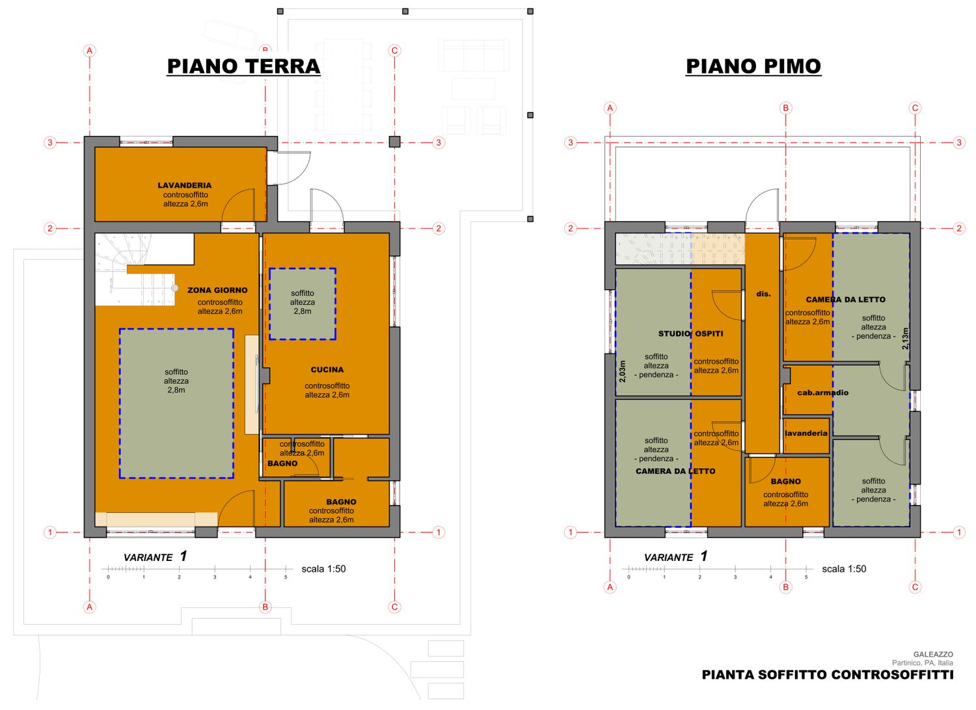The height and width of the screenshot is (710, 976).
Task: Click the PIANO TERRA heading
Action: pyautogui.click(x=243, y=66)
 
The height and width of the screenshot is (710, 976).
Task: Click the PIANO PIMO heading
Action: pyautogui.click(x=753, y=66)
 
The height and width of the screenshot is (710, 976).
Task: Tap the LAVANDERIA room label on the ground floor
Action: pyautogui.click(x=185, y=185)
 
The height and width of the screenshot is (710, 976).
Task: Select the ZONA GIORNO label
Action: pyautogui.click(x=217, y=290)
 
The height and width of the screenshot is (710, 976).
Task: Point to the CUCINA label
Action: pyautogui.click(x=327, y=370)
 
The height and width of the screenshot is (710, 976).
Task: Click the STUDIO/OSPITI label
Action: pyautogui.click(x=690, y=334)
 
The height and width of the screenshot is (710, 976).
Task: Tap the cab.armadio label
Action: pyautogui.click(x=822, y=392)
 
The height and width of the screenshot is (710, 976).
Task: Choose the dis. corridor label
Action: pyautogui.click(x=763, y=294)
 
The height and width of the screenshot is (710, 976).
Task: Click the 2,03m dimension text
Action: pyautogui.click(x=622, y=372)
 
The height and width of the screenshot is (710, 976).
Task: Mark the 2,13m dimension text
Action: pyautogui.click(x=906, y=338)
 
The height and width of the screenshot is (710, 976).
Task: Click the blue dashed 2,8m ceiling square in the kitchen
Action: pyautogui.click(x=303, y=304)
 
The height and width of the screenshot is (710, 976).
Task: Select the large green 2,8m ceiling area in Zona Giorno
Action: pyautogui.click(x=176, y=403)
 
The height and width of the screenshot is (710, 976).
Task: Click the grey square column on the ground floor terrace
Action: pyautogui.click(x=394, y=142)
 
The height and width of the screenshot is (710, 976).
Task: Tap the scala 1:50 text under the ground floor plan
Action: pyautogui.click(x=323, y=569)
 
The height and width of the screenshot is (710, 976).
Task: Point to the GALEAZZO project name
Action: pyautogui.click(x=933, y=654)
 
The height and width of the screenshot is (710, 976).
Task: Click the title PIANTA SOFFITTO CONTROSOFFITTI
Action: pyautogui.click(x=828, y=675)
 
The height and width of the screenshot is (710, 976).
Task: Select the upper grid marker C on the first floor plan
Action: pyautogui.click(x=915, y=108)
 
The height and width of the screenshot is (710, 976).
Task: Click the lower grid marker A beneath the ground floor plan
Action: pyautogui.click(x=89, y=607)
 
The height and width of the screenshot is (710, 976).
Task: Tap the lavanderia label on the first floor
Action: pyautogui.click(x=806, y=433)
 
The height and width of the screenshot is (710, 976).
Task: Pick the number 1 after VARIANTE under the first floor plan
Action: pyautogui.click(x=704, y=556)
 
